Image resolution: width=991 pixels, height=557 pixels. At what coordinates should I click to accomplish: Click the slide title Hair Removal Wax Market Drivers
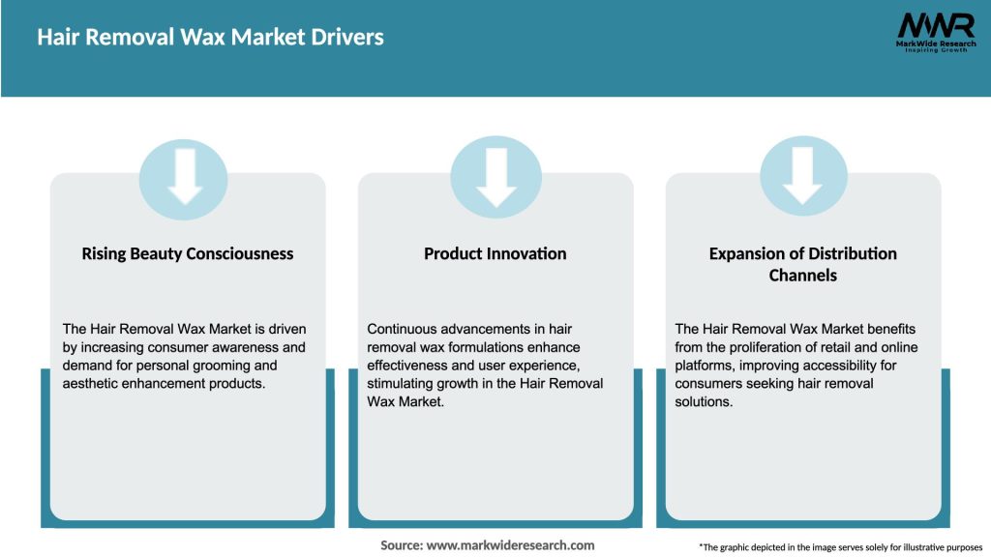[x=210, y=38]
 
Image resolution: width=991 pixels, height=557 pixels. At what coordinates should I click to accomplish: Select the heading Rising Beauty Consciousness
[x=187, y=253]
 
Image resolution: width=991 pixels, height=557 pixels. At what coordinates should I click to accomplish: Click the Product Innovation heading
[x=495, y=253]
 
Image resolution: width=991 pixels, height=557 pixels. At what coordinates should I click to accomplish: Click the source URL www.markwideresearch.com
[x=511, y=545]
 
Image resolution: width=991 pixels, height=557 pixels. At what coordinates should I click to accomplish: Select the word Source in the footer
[x=401, y=545]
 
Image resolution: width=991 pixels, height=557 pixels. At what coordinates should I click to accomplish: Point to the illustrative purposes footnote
[x=840, y=547]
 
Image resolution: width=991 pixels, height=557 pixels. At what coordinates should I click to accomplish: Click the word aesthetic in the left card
[x=92, y=384]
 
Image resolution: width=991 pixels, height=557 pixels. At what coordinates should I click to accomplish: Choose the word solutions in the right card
[x=704, y=402]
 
